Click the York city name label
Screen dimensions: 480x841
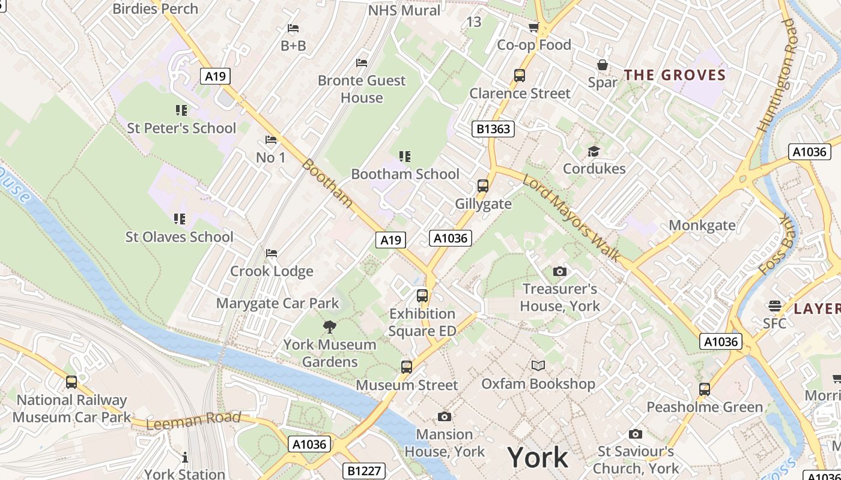coord(538,458)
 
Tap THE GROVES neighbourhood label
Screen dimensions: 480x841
coord(675,75)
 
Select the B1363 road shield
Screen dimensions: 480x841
coord(493,128)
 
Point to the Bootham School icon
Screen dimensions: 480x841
coord(405,157)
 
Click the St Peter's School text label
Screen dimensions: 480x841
coord(181,128)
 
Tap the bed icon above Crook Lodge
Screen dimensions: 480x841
coord(272,253)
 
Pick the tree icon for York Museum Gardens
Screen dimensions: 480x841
coord(329,327)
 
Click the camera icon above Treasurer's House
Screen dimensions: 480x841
coord(559,272)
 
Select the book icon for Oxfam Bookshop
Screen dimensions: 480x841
coord(538,365)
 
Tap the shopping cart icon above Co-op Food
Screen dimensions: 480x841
coord(533,28)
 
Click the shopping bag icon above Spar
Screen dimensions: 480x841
coord(603,65)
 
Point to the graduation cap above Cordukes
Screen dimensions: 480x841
coord(594,151)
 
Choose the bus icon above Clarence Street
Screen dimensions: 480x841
coord(520,76)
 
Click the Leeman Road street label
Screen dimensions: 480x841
coord(193,420)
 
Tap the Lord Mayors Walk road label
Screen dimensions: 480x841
coord(571,217)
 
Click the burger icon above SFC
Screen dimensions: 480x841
coord(775,306)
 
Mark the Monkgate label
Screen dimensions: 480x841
coord(702,226)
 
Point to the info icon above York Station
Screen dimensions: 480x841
coord(184,457)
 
